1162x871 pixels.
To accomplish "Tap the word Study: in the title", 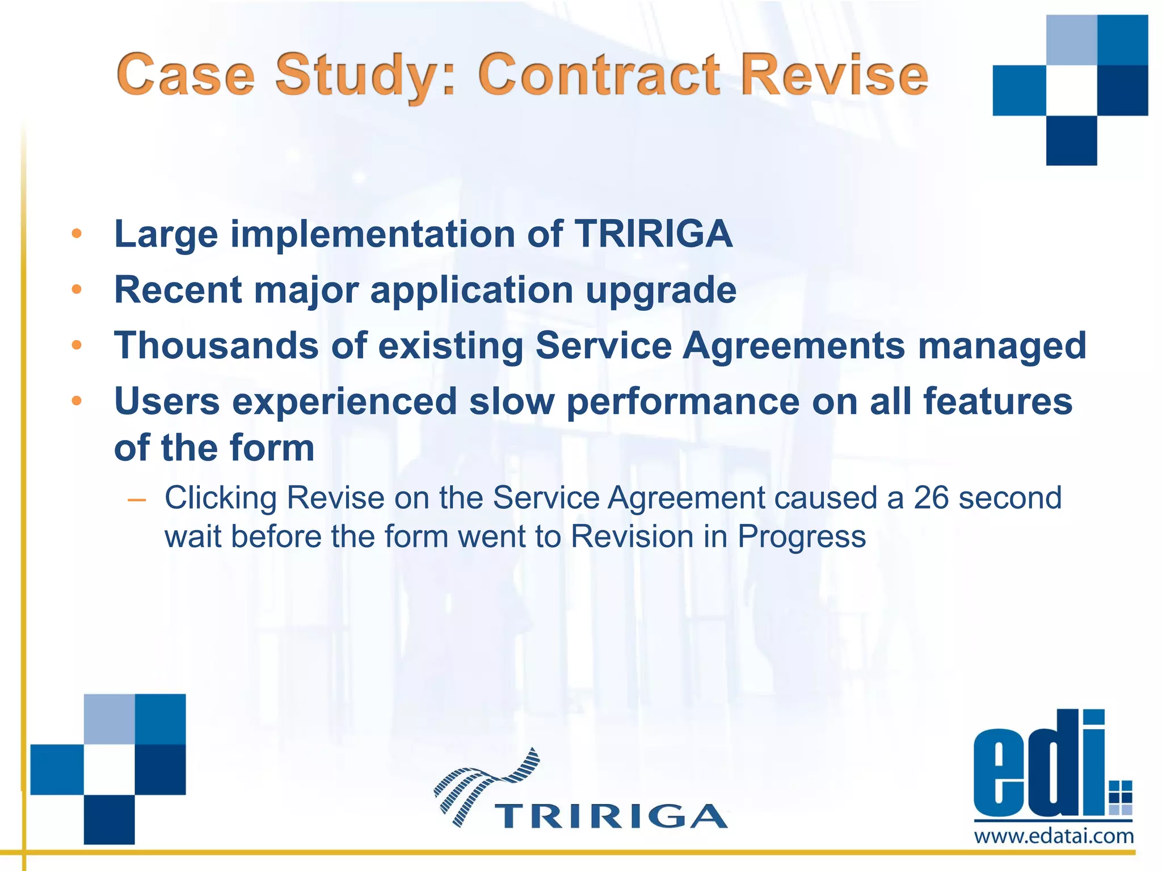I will (x=365, y=74).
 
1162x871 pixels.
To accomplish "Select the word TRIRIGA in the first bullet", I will (x=653, y=234).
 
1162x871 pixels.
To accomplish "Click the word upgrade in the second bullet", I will (x=661, y=290).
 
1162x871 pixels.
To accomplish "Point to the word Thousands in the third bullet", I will (x=216, y=345).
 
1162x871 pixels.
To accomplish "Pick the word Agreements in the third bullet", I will (x=794, y=345).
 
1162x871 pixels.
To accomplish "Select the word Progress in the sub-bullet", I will (x=801, y=536).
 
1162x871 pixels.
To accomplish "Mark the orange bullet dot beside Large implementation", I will (x=77, y=234).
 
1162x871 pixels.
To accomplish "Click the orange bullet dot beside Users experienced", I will (x=77, y=401).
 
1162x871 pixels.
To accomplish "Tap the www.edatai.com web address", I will (x=1054, y=836).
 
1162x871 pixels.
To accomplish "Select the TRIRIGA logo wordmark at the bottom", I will (x=611, y=817).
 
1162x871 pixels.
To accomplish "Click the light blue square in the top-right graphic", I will (x=1071, y=40).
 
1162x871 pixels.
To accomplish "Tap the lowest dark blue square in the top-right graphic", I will (x=1071, y=140).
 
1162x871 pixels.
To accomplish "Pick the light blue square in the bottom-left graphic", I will (x=109, y=718).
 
